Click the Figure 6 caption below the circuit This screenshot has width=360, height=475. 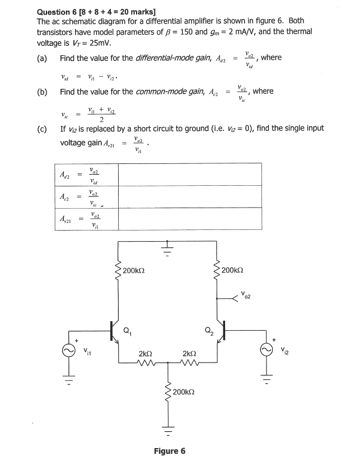(x=170, y=451)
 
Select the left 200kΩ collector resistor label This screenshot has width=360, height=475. (x=134, y=271)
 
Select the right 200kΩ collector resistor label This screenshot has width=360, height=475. (x=233, y=271)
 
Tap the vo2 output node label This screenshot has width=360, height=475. (x=246, y=294)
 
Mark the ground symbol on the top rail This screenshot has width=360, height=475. (x=167, y=246)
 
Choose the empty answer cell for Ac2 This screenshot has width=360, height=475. (x=189, y=196)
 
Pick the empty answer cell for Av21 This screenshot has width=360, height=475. (x=189, y=219)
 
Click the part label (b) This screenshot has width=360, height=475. (x=42, y=91)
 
